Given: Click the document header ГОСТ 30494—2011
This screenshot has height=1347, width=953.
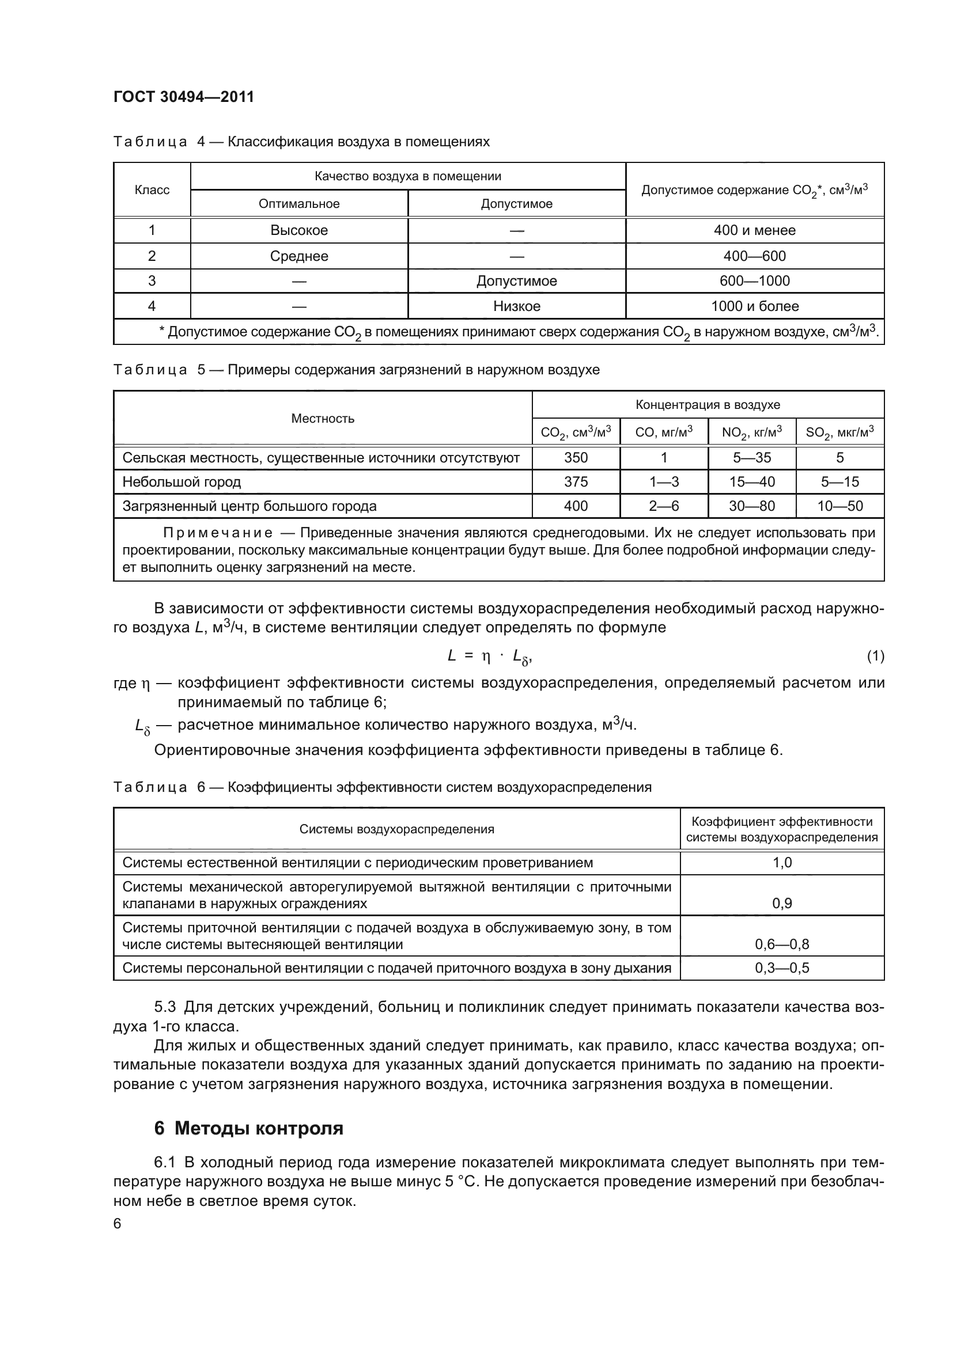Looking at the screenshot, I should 184,97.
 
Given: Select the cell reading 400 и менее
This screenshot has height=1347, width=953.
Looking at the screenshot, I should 754,230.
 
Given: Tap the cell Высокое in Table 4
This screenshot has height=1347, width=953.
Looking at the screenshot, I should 298,230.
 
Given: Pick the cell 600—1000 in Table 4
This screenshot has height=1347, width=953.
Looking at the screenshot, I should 754,281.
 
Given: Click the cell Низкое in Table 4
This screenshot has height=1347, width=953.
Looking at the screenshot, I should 516,306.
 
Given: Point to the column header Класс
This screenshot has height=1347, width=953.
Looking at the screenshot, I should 152,190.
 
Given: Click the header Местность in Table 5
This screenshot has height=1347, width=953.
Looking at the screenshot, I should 323,418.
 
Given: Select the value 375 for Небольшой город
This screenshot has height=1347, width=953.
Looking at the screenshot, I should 576,481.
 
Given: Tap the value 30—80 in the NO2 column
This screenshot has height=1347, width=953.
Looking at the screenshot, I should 752,506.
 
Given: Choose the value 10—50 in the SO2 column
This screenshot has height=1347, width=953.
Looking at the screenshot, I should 839,506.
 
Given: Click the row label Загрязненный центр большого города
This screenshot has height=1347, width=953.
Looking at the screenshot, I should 249,506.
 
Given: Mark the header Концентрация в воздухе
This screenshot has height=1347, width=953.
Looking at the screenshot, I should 708,405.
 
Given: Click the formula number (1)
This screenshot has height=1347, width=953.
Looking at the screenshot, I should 875,656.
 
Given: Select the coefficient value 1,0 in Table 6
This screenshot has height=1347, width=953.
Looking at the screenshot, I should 782,863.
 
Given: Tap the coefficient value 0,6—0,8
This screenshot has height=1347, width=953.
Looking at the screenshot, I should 782,944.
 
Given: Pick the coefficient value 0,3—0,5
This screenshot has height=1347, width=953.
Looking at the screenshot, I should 782,968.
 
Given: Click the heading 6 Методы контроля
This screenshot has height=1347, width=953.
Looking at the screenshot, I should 249,1128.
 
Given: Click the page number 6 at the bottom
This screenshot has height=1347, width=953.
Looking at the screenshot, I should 118,1224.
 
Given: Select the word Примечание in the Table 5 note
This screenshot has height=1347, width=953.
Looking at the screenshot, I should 218,533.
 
